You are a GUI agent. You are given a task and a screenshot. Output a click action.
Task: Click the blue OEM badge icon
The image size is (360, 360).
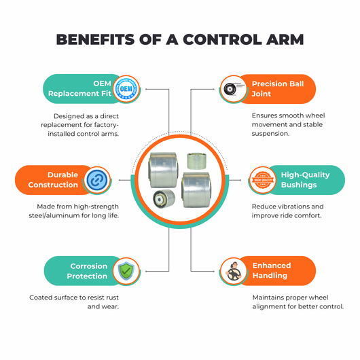pos(126,89)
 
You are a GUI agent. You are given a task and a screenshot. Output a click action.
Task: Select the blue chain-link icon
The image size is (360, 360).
pos(97,180)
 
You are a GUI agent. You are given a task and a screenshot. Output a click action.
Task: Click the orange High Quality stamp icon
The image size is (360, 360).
pos(263,180)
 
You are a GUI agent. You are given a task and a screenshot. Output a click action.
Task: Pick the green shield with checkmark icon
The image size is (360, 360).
pos(126,271)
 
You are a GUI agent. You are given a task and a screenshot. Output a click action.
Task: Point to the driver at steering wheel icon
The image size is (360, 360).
pos(234,272)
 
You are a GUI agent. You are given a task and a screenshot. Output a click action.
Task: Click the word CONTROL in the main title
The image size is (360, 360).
pos(223,39)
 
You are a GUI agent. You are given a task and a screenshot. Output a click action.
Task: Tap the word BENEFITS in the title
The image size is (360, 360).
pos(96,39)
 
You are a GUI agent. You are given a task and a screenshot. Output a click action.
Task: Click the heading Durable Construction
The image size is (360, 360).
pos(53,180)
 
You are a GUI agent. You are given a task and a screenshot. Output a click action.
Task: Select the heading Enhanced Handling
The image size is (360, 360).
pos(272,270)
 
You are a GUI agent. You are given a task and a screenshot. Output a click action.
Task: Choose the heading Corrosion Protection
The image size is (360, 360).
pos(87,271)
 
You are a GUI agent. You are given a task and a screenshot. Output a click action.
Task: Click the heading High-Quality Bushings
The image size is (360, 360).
pos(306,180)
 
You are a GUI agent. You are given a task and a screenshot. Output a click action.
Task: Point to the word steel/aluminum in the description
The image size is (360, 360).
pos(56,215)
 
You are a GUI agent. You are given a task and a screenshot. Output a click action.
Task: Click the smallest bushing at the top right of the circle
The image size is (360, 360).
pos(196,161)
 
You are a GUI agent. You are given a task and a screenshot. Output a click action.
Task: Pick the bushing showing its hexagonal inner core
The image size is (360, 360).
pos(164,199)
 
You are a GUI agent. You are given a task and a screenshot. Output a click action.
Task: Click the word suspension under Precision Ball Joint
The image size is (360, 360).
pos(270,134)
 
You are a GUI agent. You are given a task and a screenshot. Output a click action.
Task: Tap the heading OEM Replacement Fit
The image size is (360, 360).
pos(79,88)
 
